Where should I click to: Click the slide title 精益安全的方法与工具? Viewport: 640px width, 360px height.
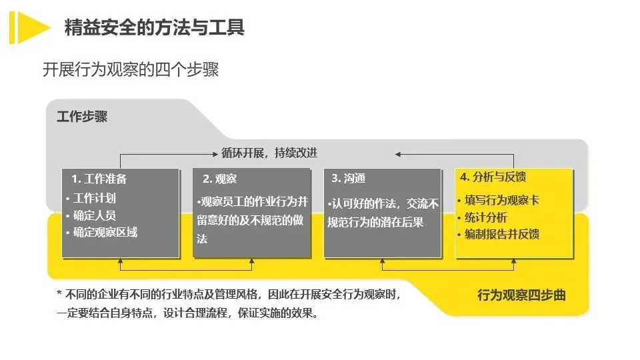(154, 27)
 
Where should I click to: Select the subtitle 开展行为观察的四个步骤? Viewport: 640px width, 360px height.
(131, 69)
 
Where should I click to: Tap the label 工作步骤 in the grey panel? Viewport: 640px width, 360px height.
(82, 117)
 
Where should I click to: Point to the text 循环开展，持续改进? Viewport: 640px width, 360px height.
(269, 153)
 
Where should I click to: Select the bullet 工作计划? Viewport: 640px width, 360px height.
(94, 198)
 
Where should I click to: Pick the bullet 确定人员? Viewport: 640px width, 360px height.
(94, 215)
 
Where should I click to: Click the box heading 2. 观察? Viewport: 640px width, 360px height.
(219, 179)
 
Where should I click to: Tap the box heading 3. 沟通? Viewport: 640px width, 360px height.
(348, 179)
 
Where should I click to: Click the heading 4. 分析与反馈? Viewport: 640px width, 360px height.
(493, 177)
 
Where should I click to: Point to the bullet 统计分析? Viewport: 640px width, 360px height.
(485, 217)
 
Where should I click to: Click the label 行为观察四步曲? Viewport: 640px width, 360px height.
(521, 295)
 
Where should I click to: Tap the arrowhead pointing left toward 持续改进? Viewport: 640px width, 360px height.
(399, 153)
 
